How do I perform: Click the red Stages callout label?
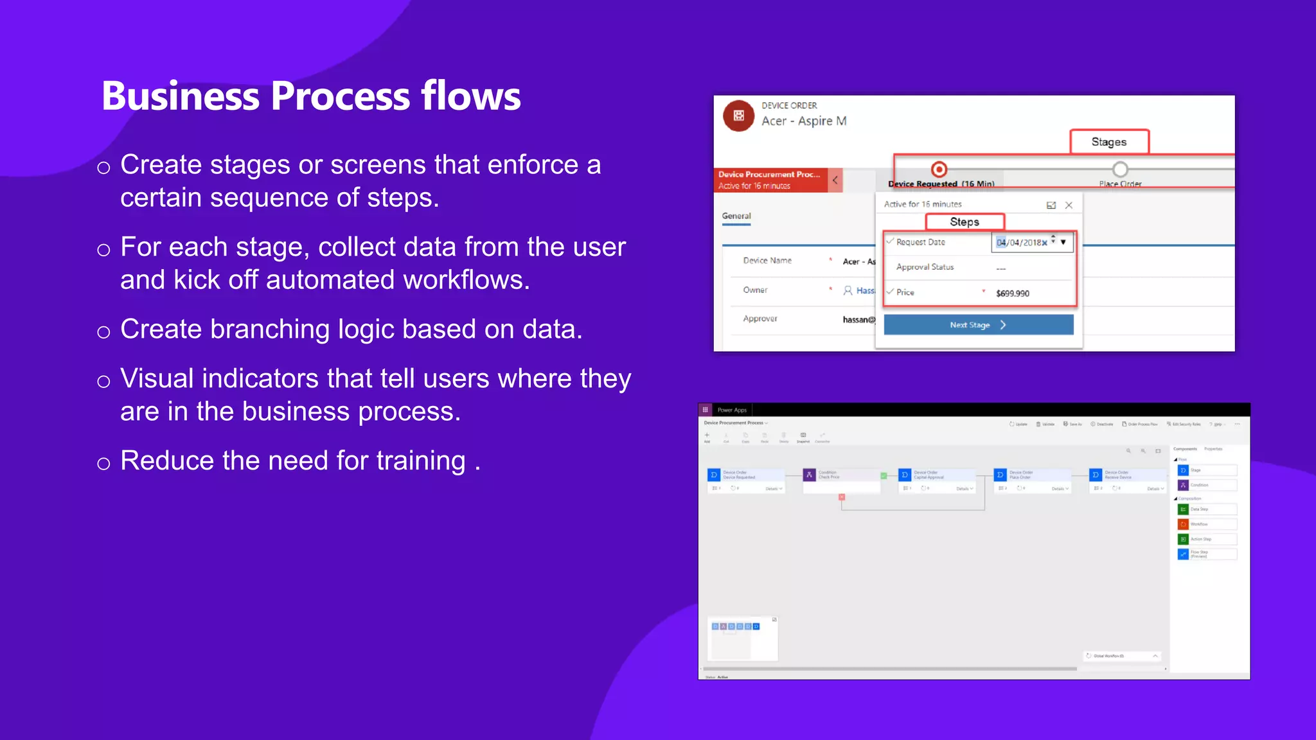point(1108,142)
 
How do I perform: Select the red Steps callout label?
point(964,222)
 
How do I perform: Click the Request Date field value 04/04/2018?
point(1022,242)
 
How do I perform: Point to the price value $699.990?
point(1012,293)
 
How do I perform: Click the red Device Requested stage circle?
point(939,170)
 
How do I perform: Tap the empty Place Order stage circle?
point(1120,170)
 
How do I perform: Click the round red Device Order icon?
point(738,116)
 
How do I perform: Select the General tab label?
point(736,216)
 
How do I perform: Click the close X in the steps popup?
point(1069,205)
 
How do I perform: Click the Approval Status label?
point(925,267)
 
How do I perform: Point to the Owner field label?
point(755,290)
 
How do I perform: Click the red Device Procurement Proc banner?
point(770,180)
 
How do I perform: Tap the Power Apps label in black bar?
point(732,410)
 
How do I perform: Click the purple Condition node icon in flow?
point(809,475)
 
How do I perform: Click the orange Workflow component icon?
point(1183,524)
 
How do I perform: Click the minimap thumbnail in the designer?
point(742,638)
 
